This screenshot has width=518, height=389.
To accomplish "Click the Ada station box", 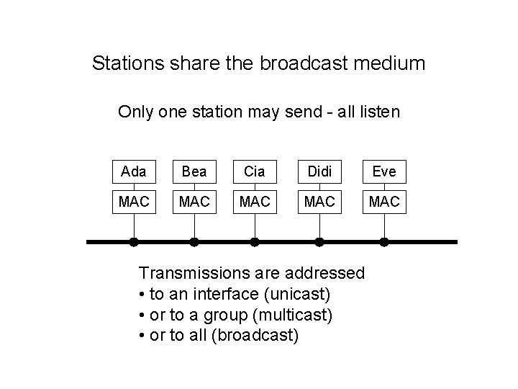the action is coord(134,172).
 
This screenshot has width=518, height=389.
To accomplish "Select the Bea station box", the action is coord(194,172).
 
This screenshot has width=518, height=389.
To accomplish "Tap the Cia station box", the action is coord(254,172).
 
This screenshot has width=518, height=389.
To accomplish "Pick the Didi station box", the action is coord(319,172).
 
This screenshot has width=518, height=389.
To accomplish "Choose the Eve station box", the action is coord(384,172).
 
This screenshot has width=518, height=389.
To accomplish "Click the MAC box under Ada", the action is coord(134,201).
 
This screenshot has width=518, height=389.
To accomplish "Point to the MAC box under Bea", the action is coord(194,201).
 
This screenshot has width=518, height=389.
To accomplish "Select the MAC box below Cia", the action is coord(254,201).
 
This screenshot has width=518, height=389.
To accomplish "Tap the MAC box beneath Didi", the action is coord(319,201).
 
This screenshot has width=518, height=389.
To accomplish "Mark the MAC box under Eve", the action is coord(384,201).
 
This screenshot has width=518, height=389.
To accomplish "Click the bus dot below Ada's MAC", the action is coord(134,242).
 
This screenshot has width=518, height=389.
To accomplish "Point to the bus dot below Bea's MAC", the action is coord(194,242).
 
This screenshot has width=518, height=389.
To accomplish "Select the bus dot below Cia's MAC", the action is coord(254,242).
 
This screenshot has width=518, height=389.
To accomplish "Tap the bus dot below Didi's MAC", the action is coord(319,242).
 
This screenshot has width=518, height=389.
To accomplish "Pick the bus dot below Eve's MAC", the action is coord(384,242).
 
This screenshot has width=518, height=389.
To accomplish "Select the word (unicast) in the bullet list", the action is coord(296,294).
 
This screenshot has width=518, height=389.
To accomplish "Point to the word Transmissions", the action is coord(190,273).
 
